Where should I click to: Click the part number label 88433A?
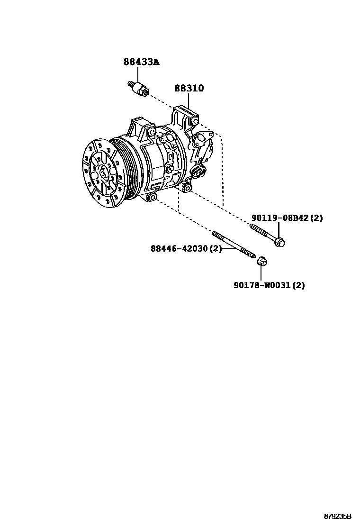pyautogui.click(x=142, y=62)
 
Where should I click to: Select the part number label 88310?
pyautogui.click(x=189, y=88)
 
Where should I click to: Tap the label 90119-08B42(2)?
pyautogui.click(x=287, y=218)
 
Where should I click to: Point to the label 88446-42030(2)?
pyautogui.click(x=186, y=248)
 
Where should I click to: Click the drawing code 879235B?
pyautogui.click(x=337, y=515)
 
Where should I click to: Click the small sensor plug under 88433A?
pyautogui.click(x=138, y=89)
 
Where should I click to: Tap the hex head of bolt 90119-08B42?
pyautogui.click(x=279, y=242)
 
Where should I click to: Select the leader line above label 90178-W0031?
pyautogui.click(x=261, y=273)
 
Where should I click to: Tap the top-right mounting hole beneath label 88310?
pyautogui.click(x=194, y=121)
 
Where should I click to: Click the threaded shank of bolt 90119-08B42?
pyautogui.click(x=261, y=232)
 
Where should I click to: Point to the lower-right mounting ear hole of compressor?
pyautogui.click(x=188, y=189)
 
